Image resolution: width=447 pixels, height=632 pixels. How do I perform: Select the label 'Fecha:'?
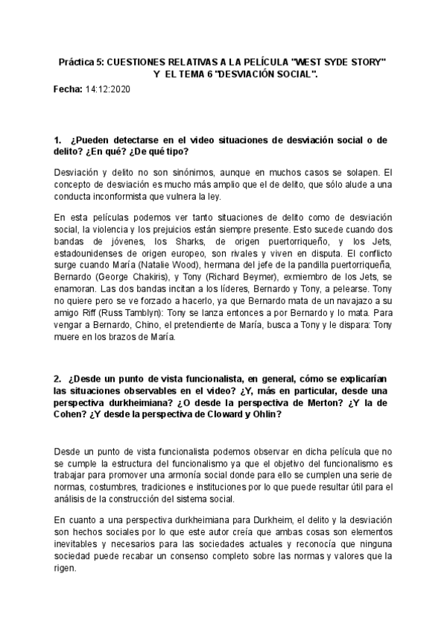coord(68,89)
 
